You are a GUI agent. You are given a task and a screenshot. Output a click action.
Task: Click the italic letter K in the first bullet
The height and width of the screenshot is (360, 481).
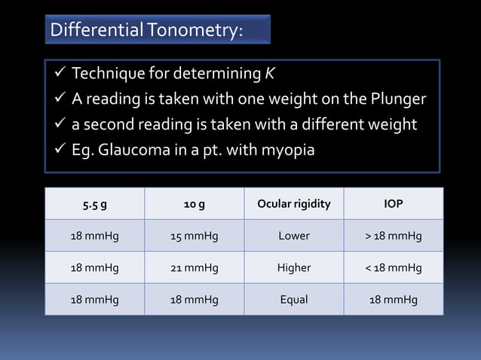point(269,74)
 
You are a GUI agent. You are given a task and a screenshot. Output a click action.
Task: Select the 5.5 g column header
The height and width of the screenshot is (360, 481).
point(94,204)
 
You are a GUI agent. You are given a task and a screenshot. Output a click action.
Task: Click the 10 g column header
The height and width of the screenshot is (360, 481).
point(194,204)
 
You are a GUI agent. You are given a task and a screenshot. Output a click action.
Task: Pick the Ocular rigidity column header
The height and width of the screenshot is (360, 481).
point(293,204)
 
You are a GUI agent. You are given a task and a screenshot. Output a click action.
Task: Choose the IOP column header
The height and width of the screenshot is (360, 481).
point(393,204)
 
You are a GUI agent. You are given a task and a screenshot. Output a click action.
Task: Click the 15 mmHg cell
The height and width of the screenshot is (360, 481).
point(194,236)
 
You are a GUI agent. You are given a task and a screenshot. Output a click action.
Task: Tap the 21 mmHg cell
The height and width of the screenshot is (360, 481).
point(194,267)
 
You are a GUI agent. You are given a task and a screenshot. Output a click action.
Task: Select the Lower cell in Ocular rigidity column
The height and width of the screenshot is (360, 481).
point(293,236)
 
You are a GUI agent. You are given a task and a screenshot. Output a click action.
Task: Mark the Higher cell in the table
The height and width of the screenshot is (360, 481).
point(293,267)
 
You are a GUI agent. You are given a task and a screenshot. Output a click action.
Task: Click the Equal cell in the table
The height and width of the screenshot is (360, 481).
point(293,299)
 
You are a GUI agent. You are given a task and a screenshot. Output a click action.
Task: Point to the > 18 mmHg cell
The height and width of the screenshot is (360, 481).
point(393,236)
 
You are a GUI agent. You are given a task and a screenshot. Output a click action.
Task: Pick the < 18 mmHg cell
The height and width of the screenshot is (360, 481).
point(393,267)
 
